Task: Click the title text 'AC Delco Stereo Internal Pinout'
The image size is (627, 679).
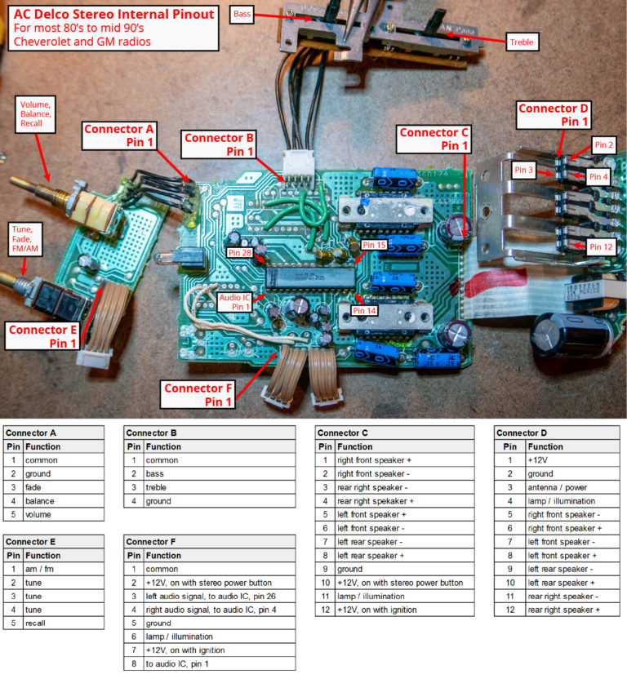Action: click(114, 14)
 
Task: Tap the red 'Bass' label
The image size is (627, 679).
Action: click(242, 15)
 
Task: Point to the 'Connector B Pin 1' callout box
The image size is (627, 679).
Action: click(220, 144)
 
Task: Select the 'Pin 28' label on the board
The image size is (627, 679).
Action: click(240, 253)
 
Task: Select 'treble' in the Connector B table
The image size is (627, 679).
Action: click(158, 487)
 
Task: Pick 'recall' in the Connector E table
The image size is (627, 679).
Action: click(37, 623)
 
